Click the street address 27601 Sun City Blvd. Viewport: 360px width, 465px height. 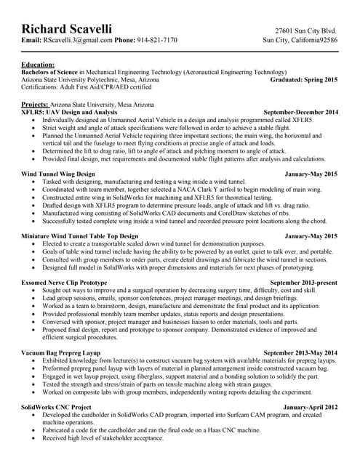point(306,31)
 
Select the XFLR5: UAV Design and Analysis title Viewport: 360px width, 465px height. point(69,113)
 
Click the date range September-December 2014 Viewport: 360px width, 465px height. point(300,113)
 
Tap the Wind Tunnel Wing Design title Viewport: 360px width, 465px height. point(58,175)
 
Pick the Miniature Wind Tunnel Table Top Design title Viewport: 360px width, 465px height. point(79,236)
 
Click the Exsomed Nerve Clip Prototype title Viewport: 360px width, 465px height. point(64,282)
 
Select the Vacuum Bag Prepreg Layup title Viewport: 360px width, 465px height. point(61,352)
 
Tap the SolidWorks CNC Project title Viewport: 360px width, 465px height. point(57,407)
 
